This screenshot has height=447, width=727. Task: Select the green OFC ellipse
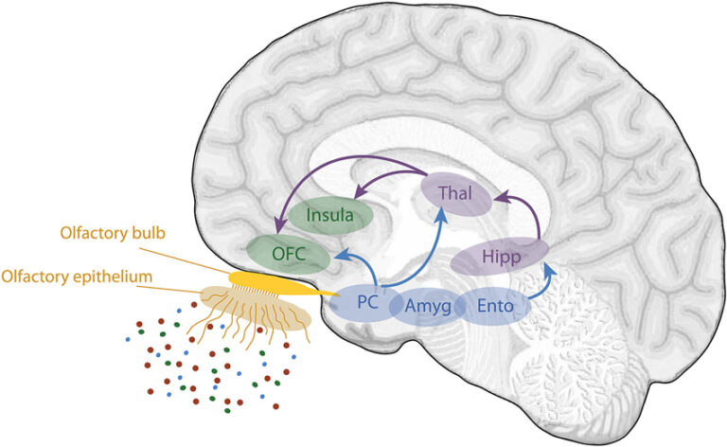point(289,254)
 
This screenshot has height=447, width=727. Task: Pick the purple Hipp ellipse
point(500,256)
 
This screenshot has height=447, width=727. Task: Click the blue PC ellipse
point(369,304)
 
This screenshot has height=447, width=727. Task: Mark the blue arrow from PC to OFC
point(355,265)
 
